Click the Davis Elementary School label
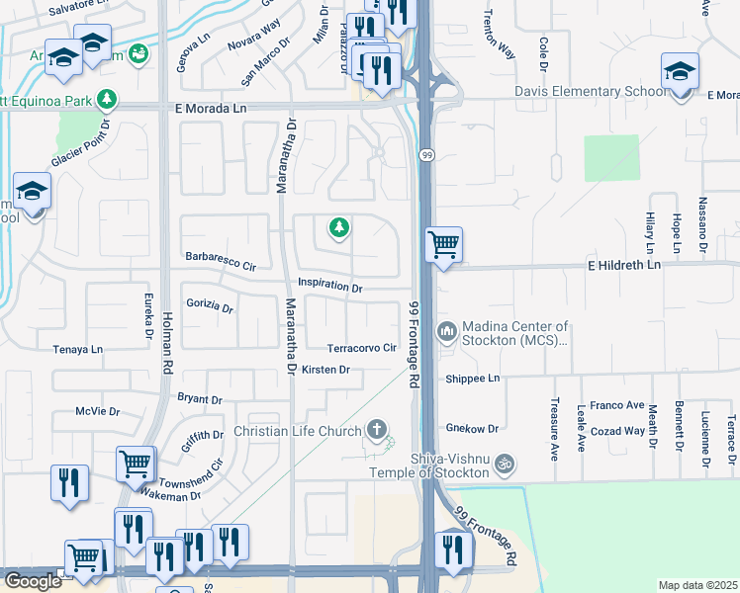click(x=590, y=92)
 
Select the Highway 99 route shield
click(x=426, y=155)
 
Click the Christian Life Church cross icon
click(x=376, y=430)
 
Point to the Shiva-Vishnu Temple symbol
click(x=504, y=462)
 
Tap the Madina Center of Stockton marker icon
click(x=447, y=329)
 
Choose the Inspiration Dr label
click(x=330, y=287)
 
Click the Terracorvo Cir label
click(x=362, y=348)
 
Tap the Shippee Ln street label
click(x=473, y=378)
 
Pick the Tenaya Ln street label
click(x=78, y=349)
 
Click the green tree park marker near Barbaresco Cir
click(x=339, y=229)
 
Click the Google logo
click(x=32, y=581)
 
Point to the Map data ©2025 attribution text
click(x=697, y=585)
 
